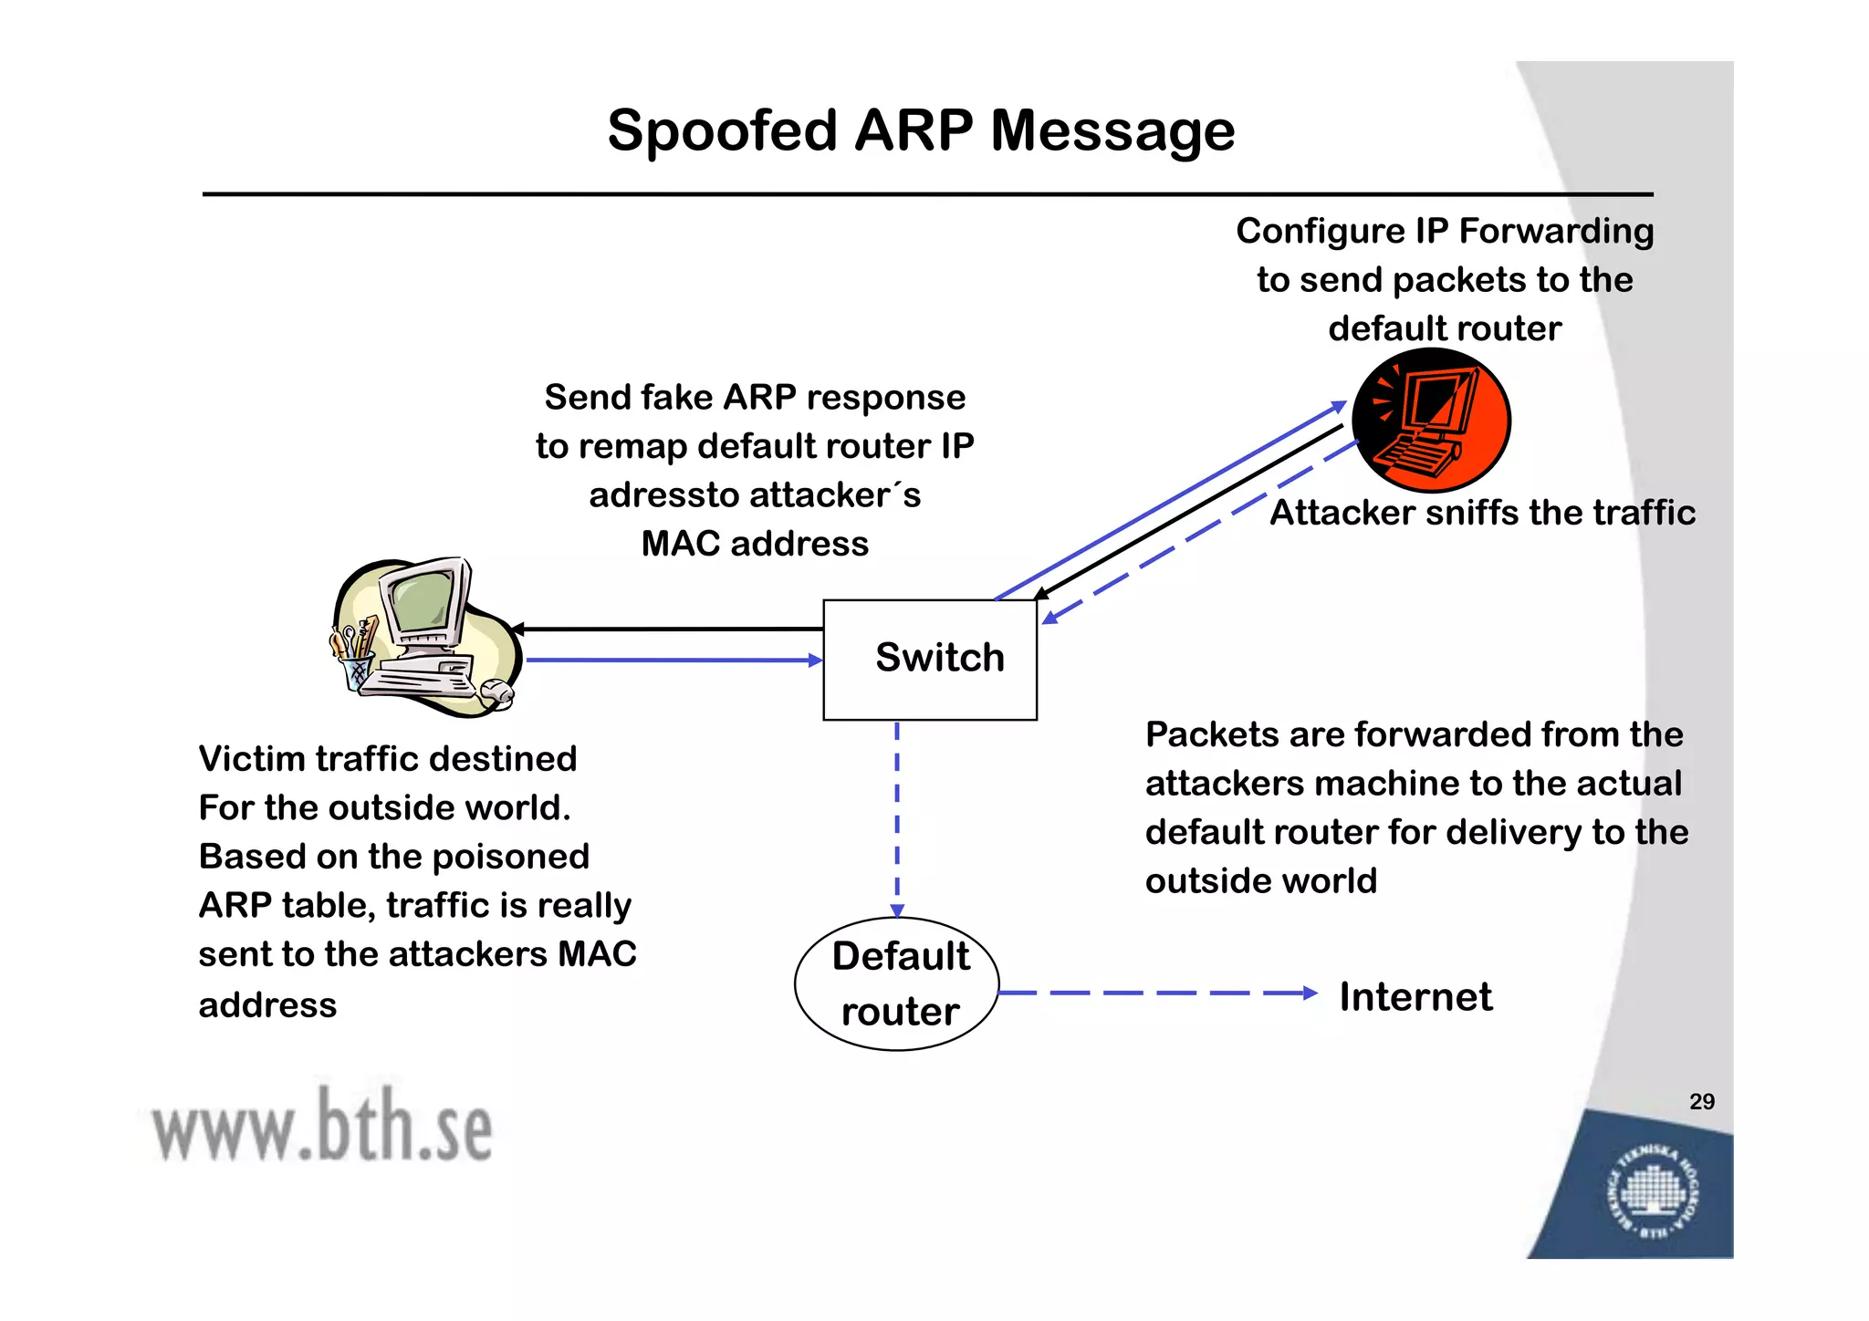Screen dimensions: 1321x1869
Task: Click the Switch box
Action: click(x=929, y=660)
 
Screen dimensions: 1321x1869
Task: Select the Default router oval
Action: click(x=897, y=984)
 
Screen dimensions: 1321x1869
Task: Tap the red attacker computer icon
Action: click(x=1430, y=421)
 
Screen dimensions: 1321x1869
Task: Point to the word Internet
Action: click(x=1415, y=996)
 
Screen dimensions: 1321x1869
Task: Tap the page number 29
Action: click(x=1701, y=1101)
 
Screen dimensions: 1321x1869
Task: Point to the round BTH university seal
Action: click(x=1653, y=1193)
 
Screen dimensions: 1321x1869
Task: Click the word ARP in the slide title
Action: click(x=914, y=130)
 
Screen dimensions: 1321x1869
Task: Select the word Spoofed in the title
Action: click(x=722, y=130)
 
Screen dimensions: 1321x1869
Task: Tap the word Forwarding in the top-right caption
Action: click(x=1556, y=232)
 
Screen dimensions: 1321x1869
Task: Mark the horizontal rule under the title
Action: click(x=927, y=194)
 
